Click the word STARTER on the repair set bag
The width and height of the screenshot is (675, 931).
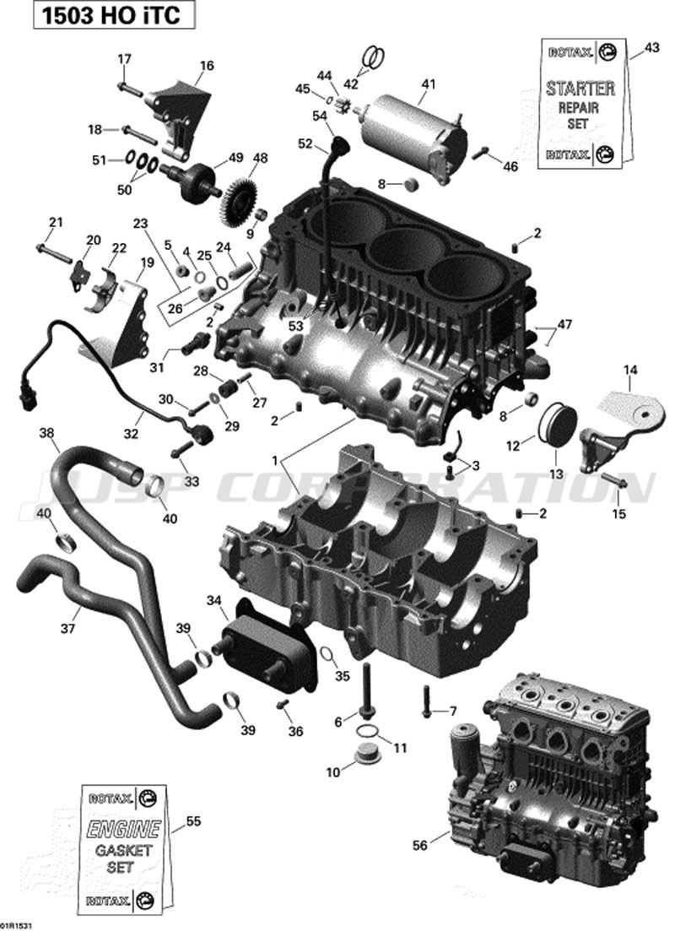tap(580, 89)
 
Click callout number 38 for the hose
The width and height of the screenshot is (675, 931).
tap(47, 433)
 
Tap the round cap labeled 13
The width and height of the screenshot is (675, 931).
tap(554, 429)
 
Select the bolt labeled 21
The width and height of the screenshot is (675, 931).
tap(50, 249)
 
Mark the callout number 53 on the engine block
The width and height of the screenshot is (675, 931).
tap(295, 325)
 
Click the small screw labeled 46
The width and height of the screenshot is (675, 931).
tap(483, 154)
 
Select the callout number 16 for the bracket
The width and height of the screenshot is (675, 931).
tap(206, 65)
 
